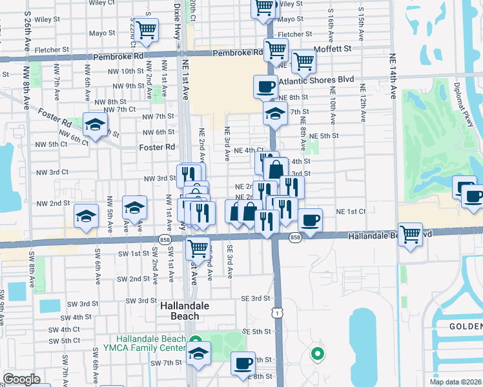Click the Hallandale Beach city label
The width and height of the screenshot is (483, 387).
pos(184,312)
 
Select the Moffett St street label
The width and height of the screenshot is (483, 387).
pos(333,48)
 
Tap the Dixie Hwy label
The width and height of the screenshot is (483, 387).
pos(178,23)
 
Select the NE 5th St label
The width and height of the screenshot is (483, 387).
pos(324,136)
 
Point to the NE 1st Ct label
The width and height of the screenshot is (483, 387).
pos(351,212)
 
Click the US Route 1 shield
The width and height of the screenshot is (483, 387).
pos(276,312)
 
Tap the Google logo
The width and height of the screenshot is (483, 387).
pos(21,379)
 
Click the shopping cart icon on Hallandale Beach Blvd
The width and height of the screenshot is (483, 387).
pos(410,234)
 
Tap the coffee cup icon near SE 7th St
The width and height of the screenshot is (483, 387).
pos(243,363)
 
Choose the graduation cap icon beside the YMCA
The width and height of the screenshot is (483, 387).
pos(198,354)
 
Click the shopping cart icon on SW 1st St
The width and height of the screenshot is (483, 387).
pos(198,247)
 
